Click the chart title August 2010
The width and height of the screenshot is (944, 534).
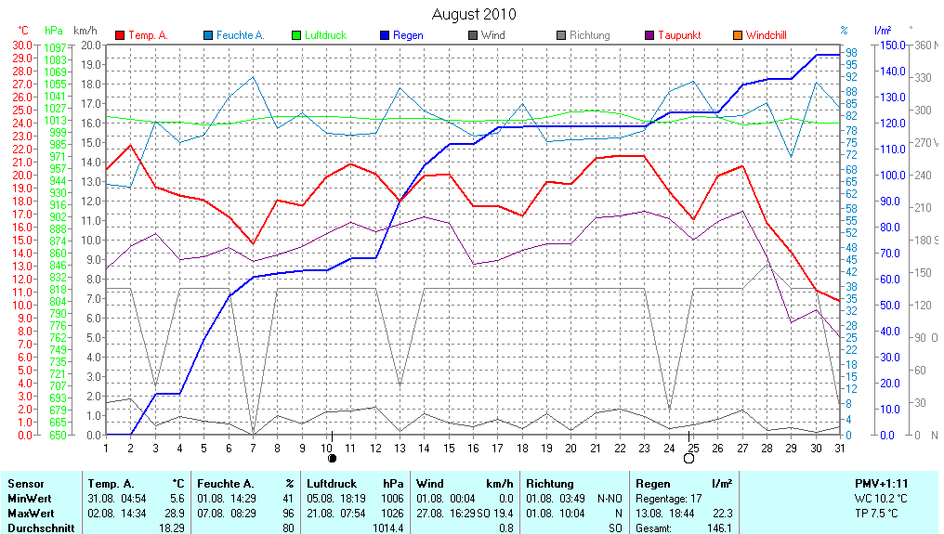pyautogui.click(x=474, y=14)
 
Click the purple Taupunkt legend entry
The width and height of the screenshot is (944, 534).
pyautogui.click(x=678, y=35)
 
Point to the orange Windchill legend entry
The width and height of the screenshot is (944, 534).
pyautogui.click(x=766, y=35)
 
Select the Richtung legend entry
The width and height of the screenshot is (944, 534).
pyautogui.click(x=589, y=35)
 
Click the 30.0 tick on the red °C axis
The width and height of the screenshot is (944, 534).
pyautogui.click(x=21, y=45)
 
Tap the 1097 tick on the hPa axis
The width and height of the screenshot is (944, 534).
pyautogui.click(x=55, y=47)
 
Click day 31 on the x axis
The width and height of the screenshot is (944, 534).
pyautogui.click(x=839, y=448)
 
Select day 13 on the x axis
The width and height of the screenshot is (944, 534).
pyautogui.click(x=400, y=448)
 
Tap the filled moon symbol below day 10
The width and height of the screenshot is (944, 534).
pyautogui.click(x=332, y=459)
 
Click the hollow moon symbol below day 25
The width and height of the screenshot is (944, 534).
pyautogui.click(x=689, y=459)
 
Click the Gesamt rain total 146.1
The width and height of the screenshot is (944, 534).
pyautogui.click(x=719, y=527)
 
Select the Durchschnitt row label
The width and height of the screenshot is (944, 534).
pyautogui.click(x=41, y=527)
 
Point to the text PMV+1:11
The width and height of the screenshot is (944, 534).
pyautogui.click(x=882, y=484)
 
